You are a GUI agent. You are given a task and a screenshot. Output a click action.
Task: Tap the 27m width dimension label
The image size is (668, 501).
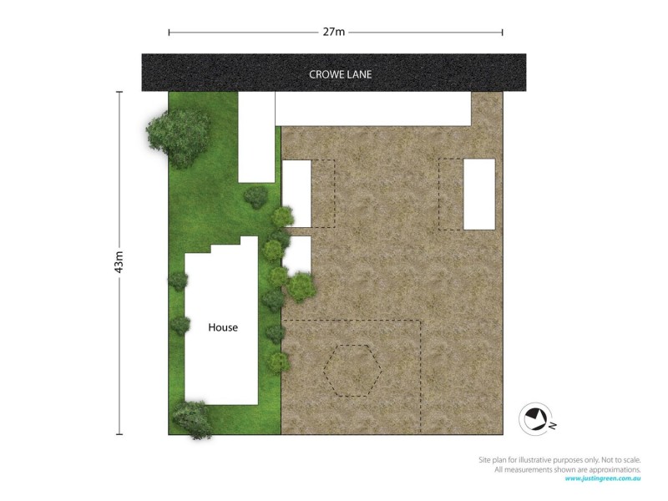[x=335, y=33]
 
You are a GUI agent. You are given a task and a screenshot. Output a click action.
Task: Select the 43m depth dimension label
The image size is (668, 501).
[x=120, y=262]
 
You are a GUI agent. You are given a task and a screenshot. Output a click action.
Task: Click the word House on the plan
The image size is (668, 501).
[x=223, y=328]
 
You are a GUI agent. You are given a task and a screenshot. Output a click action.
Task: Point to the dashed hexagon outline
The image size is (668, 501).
[x=353, y=370]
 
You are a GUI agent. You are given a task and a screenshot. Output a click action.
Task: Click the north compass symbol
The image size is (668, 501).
[x=534, y=417]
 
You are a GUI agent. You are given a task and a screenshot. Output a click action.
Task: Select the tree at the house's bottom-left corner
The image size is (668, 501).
[x=193, y=418]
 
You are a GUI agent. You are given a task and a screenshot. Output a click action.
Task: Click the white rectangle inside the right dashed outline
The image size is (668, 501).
[x=479, y=194]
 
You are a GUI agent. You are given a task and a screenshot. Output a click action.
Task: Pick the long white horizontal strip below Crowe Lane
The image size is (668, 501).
[x=372, y=109]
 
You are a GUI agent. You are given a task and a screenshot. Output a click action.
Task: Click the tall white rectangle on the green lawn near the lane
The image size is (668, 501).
[x=256, y=136]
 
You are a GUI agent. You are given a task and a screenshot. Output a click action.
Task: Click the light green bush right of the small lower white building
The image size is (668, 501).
[x=301, y=286]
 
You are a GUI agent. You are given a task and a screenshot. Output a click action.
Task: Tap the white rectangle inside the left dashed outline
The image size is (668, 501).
[x=296, y=193]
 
